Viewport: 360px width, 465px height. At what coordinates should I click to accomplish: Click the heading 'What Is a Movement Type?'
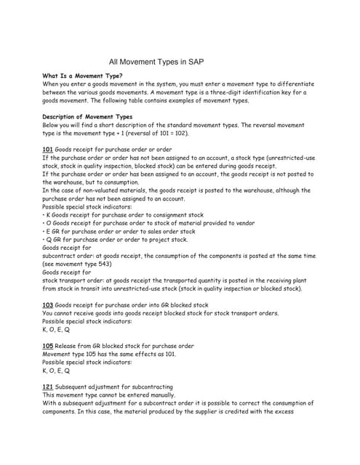[x=83, y=76]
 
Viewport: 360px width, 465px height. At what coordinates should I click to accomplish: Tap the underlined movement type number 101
[x=48, y=149]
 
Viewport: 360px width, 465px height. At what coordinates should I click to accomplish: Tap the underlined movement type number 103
[x=48, y=305]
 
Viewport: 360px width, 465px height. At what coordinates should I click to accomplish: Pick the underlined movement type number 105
[x=48, y=346]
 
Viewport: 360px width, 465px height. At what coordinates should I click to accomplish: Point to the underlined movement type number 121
[x=48, y=387]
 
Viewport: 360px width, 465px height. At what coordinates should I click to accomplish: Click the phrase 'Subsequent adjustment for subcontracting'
[x=114, y=387]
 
